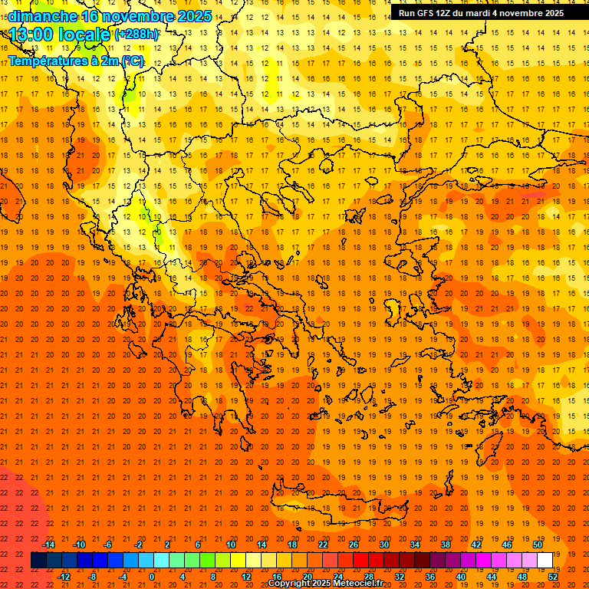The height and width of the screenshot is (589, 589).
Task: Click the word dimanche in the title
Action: pyautogui.click(x=41, y=16)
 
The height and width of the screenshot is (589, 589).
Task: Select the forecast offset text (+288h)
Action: pyautogui.click(x=137, y=35)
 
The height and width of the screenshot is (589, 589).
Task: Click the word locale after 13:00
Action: pyautogui.click(x=87, y=35)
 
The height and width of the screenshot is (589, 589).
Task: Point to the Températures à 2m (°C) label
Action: pyautogui.click(x=75, y=61)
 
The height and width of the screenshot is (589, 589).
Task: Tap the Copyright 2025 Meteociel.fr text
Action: pyautogui.click(x=325, y=584)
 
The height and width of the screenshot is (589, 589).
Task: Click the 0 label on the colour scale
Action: pyautogui.click(x=152, y=577)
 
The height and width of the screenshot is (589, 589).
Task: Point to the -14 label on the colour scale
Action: pyautogui.click(x=48, y=545)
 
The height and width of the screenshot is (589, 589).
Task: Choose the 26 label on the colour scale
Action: pyautogui.click(x=354, y=545)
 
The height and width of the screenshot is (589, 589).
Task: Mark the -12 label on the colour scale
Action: pyautogui.click(x=64, y=577)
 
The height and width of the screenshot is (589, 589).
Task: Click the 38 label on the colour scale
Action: pyautogui.click(x=446, y=545)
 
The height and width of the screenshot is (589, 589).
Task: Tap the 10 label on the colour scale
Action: pyautogui.click(x=231, y=545)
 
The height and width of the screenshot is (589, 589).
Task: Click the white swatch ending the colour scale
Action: pyautogui.click(x=545, y=561)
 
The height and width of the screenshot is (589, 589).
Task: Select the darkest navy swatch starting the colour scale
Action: pyautogui.click(x=38, y=561)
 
